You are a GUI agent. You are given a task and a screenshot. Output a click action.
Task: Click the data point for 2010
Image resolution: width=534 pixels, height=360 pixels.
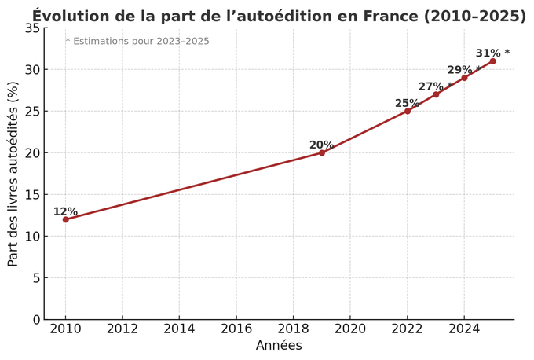click(65, 219)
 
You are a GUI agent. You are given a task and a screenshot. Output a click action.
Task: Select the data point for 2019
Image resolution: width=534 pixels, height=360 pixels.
click(322, 152)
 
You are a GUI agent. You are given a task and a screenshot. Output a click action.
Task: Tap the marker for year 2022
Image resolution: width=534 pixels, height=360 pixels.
click(408, 111)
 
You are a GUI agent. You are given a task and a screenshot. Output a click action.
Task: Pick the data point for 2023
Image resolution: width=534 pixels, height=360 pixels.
click(436, 94)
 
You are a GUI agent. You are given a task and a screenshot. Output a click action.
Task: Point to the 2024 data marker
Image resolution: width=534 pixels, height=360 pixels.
click(464, 78)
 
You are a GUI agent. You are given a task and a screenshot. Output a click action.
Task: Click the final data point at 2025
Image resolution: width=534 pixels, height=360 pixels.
click(492, 61)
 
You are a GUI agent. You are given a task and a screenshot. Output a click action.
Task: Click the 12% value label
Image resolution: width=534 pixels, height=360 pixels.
click(65, 212)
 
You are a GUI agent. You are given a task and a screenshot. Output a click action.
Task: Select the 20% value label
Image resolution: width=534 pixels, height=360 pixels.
click(321, 145)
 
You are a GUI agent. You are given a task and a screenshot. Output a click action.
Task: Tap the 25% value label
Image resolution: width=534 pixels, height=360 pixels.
click(407, 104)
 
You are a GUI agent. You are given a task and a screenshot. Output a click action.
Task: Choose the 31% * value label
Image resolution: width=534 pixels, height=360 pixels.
click(492, 53)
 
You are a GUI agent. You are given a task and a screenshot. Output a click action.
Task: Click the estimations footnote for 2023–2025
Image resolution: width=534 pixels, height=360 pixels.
click(137, 42)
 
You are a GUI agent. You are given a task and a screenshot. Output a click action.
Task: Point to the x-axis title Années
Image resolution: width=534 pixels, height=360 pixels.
click(279, 346)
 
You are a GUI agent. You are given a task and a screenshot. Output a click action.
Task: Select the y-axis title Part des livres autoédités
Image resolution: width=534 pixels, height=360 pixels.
click(13, 174)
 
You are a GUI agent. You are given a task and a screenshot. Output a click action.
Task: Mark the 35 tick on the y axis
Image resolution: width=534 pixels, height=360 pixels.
click(31, 28)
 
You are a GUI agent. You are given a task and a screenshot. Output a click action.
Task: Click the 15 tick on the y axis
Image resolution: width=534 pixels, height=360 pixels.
click(31, 195)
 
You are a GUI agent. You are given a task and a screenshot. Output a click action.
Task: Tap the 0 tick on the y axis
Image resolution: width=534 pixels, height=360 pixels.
click(35, 320)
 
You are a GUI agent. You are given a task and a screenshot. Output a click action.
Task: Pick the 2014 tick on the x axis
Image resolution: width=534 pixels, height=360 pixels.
click(179, 329)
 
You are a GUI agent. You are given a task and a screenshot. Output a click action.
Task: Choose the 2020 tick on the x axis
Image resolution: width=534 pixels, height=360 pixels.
click(350, 329)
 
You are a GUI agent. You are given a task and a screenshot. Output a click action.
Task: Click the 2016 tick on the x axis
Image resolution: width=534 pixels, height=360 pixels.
click(236, 329)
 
